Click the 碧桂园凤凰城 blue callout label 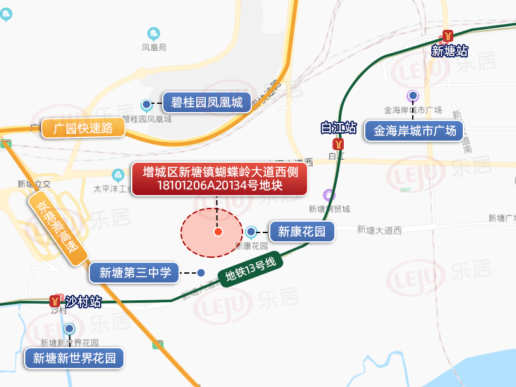pos(207,103)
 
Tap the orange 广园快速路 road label pos(83,128)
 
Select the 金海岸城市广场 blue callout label pos(414,131)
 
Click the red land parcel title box pos(220,179)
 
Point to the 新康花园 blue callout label pos(301,231)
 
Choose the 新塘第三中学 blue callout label pos(134,273)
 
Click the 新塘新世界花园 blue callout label pos(74,358)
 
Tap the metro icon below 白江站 pos(337,144)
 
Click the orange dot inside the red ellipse pos(218,232)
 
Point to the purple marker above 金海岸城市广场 pos(413,96)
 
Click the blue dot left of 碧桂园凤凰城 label pos(146,103)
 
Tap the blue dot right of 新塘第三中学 pos(201,273)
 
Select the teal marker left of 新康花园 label pos(251,232)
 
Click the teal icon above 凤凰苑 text pos(153,33)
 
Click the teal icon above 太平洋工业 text pos(117,174)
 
